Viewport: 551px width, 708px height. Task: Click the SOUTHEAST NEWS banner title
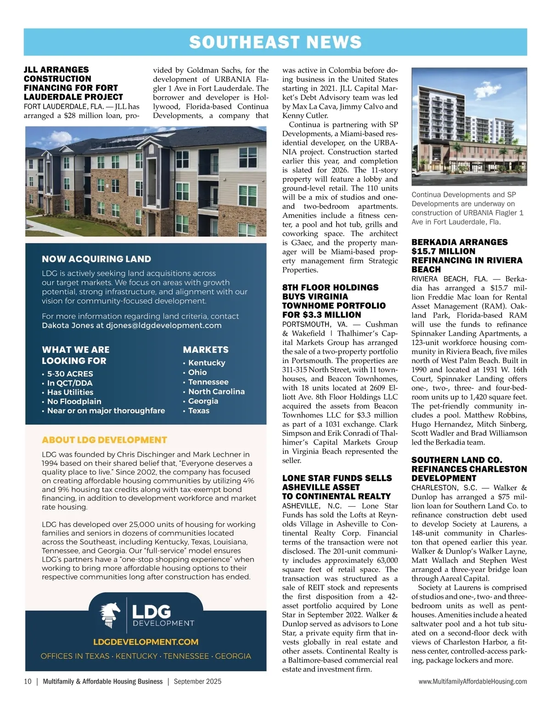pyautogui.click(x=275, y=42)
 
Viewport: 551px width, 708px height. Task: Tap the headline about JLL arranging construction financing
pyautogui.click(x=73, y=83)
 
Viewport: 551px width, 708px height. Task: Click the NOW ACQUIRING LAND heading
pyautogui.click(x=96, y=259)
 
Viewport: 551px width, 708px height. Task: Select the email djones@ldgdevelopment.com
pyautogui.click(x=164, y=325)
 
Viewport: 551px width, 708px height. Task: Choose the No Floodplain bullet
pyautogui.click(x=74, y=401)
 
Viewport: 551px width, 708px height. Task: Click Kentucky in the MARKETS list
pyautogui.click(x=207, y=362)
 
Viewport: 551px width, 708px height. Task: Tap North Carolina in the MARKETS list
pyautogui.click(x=216, y=391)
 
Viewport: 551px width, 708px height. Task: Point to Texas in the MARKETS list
pyautogui.click(x=199, y=411)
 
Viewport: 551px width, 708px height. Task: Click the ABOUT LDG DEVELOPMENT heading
pyautogui.click(x=104, y=440)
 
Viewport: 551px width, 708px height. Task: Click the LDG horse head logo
pyautogui.click(x=111, y=616)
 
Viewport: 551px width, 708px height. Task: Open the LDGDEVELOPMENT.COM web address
pyautogui.click(x=146, y=642)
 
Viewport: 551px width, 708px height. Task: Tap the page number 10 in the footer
pyautogui.click(x=28, y=681)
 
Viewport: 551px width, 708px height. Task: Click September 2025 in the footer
pyautogui.click(x=197, y=681)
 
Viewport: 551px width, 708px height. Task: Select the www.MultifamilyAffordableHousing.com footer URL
pyautogui.click(x=472, y=681)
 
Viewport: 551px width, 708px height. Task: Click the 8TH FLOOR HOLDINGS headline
pyautogui.click(x=334, y=301)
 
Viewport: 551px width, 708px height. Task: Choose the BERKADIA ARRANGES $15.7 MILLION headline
pyautogui.click(x=467, y=255)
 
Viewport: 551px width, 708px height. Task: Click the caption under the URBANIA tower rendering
pyautogui.click(x=467, y=208)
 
